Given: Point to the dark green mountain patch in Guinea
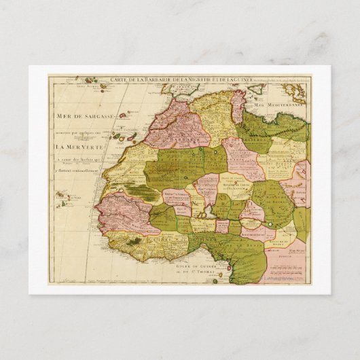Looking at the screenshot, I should pyautogui.click(x=139, y=240).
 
